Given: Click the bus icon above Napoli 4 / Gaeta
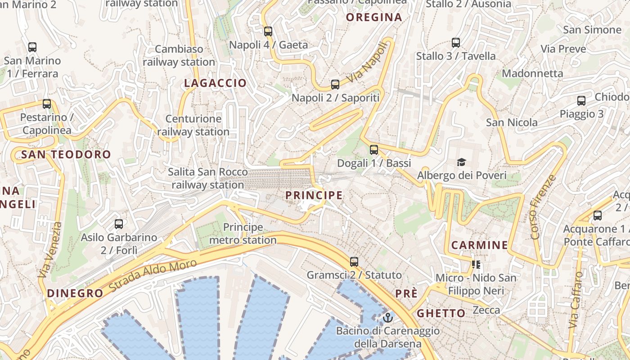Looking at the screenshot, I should pyautogui.click(x=268, y=31).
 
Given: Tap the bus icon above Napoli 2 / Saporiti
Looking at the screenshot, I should pyautogui.click(x=335, y=84).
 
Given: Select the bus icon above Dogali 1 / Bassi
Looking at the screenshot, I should pyautogui.click(x=374, y=150).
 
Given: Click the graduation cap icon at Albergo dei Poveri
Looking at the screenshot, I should pyautogui.click(x=461, y=162).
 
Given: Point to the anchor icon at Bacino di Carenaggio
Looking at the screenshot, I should pyautogui.click(x=387, y=318).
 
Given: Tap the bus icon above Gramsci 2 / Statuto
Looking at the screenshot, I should pyautogui.click(x=354, y=261).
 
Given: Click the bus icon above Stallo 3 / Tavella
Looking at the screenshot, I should pyautogui.click(x=456, y=43).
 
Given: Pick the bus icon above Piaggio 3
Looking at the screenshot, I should pyautogui.click(x=581, y=101).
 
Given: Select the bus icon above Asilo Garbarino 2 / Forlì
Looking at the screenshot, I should pyautogui.click(x=119, y=224).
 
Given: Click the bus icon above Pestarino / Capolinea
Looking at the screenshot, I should pyautogui.click(x=47, y=104).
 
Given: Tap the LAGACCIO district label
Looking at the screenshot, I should pyautogui.click(x=216, y=83).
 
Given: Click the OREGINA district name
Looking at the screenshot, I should pyautogui.click(x=374, y=18).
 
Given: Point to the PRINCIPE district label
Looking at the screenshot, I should pyautogui.click(x=314, y=195).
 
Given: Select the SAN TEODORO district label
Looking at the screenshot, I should pyautogui.click(x=66, y=155).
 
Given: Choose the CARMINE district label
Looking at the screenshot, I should pyautogui.click(x=479, y=245).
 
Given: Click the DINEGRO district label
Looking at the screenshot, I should pyautogui.click(x=75, y=293).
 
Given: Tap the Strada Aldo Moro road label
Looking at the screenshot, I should pyautogui.click(x=153, y=275).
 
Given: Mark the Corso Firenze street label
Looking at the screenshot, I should pyautogui.click(x=544, y=207).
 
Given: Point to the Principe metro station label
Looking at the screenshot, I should pyautogui.click(x=243, y=234).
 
